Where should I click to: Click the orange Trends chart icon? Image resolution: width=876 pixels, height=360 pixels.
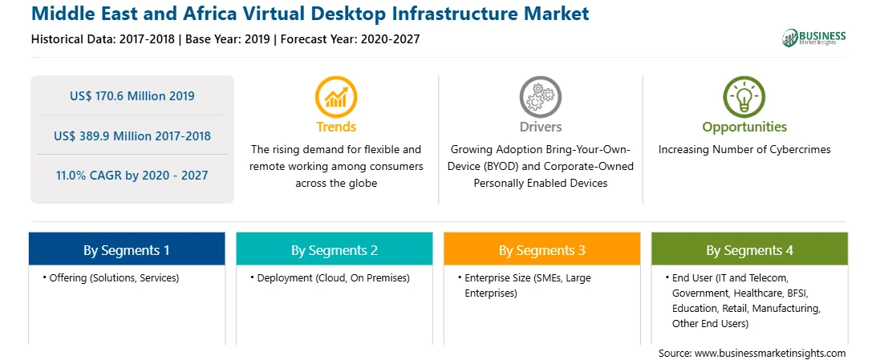click(x=336, y=96)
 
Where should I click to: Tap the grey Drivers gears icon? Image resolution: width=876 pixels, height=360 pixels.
click(x=540, y=96)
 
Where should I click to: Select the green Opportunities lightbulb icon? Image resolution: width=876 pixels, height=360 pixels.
click(x=744, y=96)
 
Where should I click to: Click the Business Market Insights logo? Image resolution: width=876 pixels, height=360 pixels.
click(x=814, y=38)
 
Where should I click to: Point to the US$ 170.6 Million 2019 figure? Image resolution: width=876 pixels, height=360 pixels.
click(x=132, y=96)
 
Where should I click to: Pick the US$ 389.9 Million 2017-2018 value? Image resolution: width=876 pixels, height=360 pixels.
click(x=132, y=136)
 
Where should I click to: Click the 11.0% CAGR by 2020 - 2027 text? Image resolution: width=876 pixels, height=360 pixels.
click(x=132, y=176)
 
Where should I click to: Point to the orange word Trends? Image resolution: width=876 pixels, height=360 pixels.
click(x=336, y=127)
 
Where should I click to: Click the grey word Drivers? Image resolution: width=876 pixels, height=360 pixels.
click(x=540, y=127)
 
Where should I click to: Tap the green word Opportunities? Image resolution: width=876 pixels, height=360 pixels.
click(x=744, y=127)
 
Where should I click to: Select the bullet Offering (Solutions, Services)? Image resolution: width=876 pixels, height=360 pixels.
click(x=111, y=278)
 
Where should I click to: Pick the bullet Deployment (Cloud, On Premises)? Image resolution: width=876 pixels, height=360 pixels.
click(x=330, y=278)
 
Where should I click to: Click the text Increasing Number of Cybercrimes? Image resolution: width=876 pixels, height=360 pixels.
click(x=744, y=150)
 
